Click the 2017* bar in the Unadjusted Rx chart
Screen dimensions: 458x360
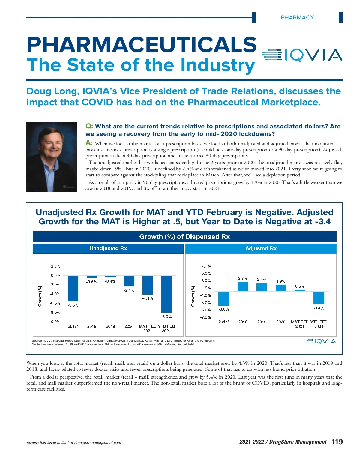point(73,288)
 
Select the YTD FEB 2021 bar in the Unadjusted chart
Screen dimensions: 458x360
point(166,294)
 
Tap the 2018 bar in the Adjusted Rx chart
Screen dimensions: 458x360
point(243,286)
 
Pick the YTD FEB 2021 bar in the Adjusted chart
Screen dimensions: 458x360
point(319,298)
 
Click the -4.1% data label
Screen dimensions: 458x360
point(148,298)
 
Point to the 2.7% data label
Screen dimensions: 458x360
point(243,278)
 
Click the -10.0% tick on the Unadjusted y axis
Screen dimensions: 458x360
point(54,322)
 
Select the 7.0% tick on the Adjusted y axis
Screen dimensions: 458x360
point(206,266)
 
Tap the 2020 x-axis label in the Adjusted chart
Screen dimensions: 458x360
point(281,322)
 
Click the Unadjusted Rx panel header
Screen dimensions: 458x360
point(108,248)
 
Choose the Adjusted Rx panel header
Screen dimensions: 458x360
point(261,248)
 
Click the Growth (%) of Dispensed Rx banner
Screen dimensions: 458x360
point(184,237)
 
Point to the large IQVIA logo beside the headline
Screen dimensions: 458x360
point(302,55)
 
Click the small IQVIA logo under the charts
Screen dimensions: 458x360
point(321,341)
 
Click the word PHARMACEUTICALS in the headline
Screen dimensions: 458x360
point(142,45)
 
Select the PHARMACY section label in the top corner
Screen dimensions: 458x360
point(297,18)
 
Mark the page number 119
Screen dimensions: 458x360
point(337,442)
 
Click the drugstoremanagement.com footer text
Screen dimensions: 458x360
point(97,443)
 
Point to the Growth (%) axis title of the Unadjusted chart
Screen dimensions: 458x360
point(40,296)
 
